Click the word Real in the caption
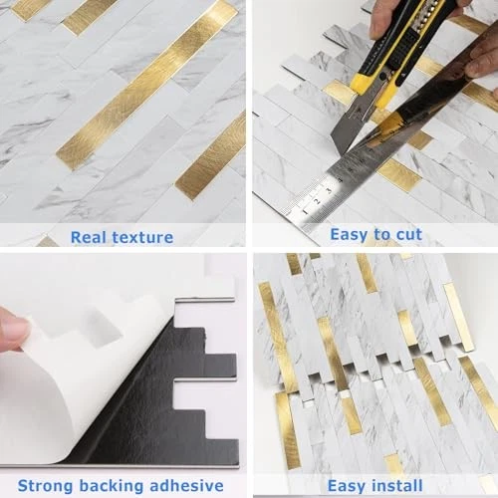click(x=89, y=237)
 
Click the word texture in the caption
click(x=143, y=237)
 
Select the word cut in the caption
click(x=409, y=234)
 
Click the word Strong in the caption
click(x=46, y=486)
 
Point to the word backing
click(x=112, y=486)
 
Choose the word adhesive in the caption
click(x=187, y=486)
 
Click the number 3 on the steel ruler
click(x=329, y=190)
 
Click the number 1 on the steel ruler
click(x=306, y=211)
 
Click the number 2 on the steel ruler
click(x=317, y=201)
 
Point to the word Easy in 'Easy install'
click(x=347, y=486)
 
